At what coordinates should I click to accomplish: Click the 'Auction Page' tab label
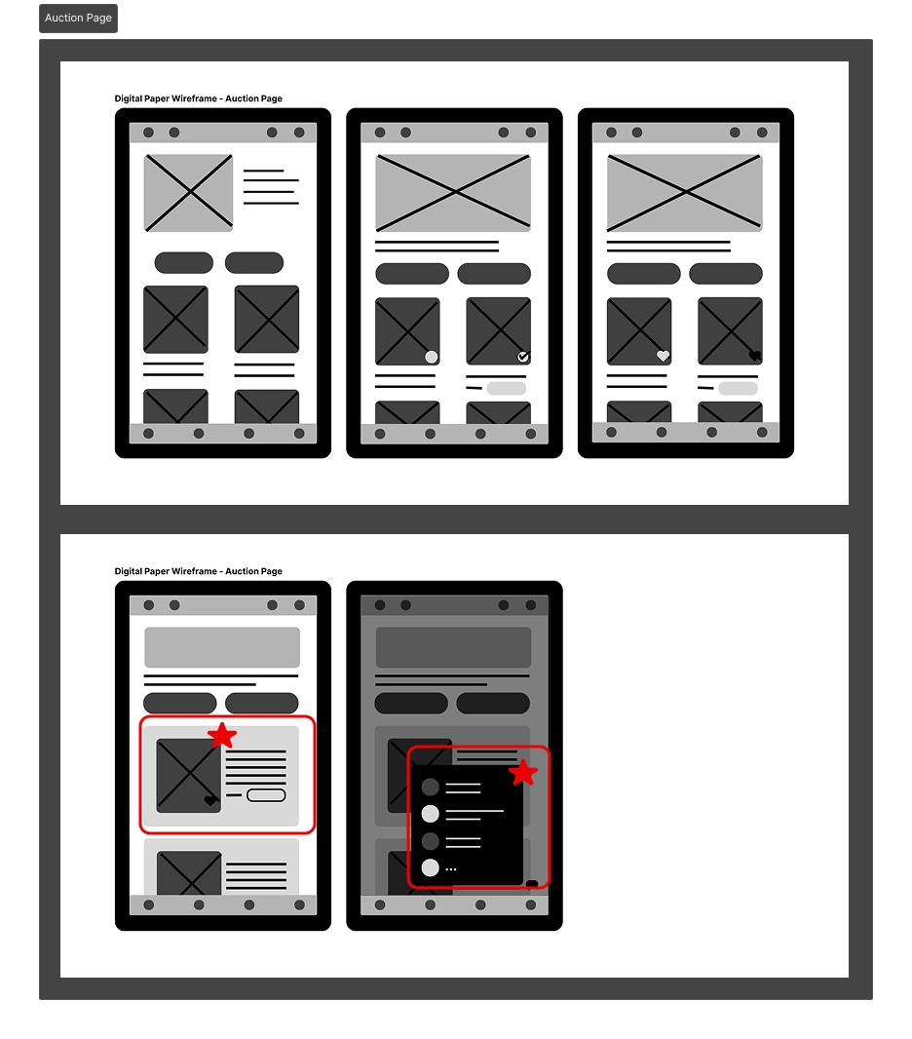(x=78, y=18)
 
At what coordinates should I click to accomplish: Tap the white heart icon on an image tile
(x=663, y=356)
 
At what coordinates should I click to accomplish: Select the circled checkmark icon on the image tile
(x=523, y=357)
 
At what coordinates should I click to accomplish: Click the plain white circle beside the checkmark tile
(x=432, y=357)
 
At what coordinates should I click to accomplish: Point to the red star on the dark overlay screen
(x=523, y=772)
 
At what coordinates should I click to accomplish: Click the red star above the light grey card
(x=222, y=735)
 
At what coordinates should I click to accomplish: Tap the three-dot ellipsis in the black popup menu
(x=451, y=868)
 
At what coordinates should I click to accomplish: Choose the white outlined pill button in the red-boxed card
(x=266, y=795)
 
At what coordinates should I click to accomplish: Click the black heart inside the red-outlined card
(x=209, y=800)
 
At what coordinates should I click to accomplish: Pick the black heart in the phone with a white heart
(x=754, y=356)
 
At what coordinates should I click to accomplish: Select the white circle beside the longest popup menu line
(x=431, y=814)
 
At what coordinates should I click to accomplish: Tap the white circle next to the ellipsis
(x=431, y=868)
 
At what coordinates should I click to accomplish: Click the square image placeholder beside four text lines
(x=189, y=193)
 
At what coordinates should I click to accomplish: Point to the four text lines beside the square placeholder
(x=271, y=187)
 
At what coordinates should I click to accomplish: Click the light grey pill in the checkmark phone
(x=507, y=388)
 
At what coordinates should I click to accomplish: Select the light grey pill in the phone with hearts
(x=739, y=388)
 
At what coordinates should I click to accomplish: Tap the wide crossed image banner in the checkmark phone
(x=453, y=193)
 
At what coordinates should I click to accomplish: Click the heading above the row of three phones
(x=199, y=98)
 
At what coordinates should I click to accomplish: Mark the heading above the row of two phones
(x=199, y=571)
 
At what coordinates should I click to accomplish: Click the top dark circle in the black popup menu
(x=431, y=788)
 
